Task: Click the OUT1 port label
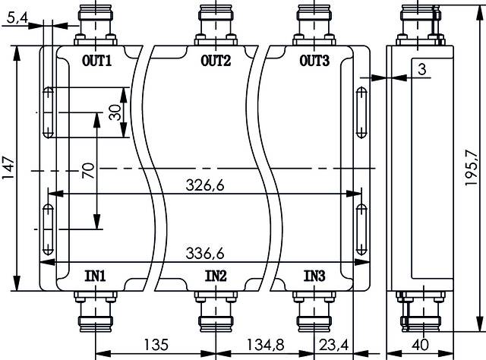[96, 62]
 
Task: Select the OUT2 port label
[216, 62]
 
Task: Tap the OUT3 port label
[315, 62]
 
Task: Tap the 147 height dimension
[8, 169]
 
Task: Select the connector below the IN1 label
[96, 313]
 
